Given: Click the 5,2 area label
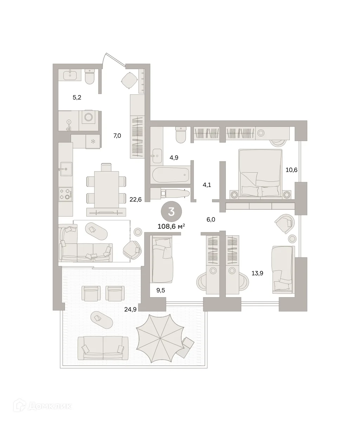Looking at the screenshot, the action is click(77, 98).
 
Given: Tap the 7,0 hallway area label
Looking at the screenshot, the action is click(117, 136).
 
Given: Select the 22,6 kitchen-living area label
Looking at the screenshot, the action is click(136, 199).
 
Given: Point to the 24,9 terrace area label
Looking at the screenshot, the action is click(130, 309).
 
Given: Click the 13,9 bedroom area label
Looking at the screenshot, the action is click(257, 273).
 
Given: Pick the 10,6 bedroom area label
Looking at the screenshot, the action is click(292, 170).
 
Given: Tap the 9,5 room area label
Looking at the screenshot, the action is click(161, 290).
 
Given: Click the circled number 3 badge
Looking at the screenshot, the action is click(171, 212).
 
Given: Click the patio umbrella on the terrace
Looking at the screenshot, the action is click(160, 338).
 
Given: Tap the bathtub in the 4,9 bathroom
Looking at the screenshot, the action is click(171, 175).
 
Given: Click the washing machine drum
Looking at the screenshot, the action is click(89, 117).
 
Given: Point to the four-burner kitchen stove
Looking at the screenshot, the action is click(65, 194).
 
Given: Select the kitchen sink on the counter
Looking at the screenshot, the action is click(66, 169).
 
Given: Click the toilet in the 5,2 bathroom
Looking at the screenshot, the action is click(90, 76).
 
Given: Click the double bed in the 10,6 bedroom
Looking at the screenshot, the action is click(260, 173).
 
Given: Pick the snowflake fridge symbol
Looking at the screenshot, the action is click(93, 141).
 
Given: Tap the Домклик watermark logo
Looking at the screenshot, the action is click(42, 406).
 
